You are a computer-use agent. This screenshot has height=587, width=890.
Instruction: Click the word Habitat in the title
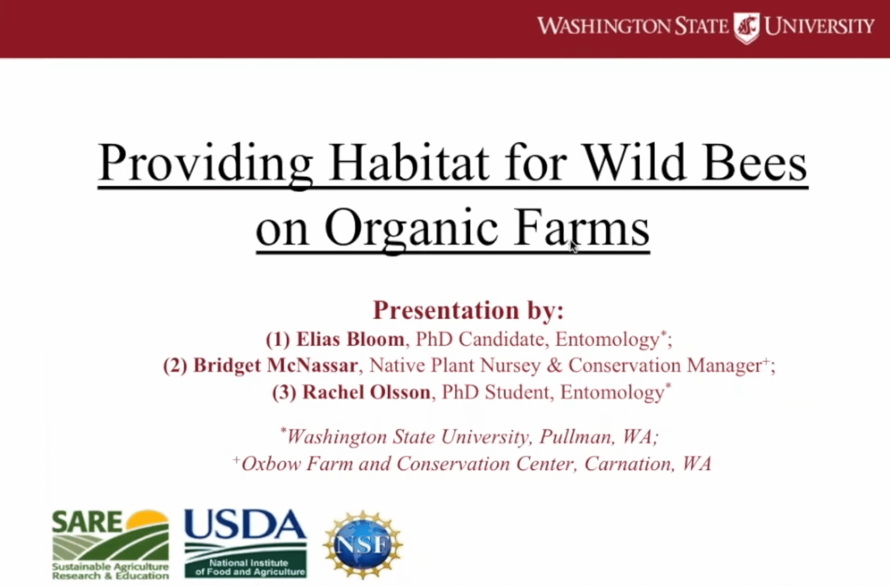point(409,163)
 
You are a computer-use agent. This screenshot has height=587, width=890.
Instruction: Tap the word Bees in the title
point(755,163)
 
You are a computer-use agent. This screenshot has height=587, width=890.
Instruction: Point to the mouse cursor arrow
point(574,247)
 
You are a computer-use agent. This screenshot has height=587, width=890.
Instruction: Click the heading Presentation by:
point(468,310)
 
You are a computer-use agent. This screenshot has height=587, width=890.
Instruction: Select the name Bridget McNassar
point(275,365)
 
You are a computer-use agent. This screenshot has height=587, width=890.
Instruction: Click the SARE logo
point(111,545)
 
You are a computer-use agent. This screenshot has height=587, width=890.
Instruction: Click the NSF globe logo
point(363,545)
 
